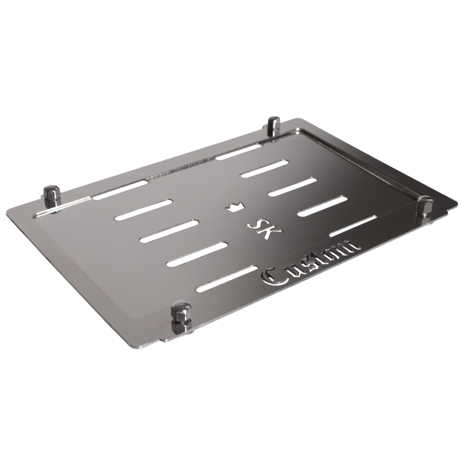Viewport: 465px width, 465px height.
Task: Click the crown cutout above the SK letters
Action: (x=235, y=206)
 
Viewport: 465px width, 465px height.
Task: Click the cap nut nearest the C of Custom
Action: (x=181, y=316)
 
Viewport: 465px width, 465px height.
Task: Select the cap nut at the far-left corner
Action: (x=52, y=197)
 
